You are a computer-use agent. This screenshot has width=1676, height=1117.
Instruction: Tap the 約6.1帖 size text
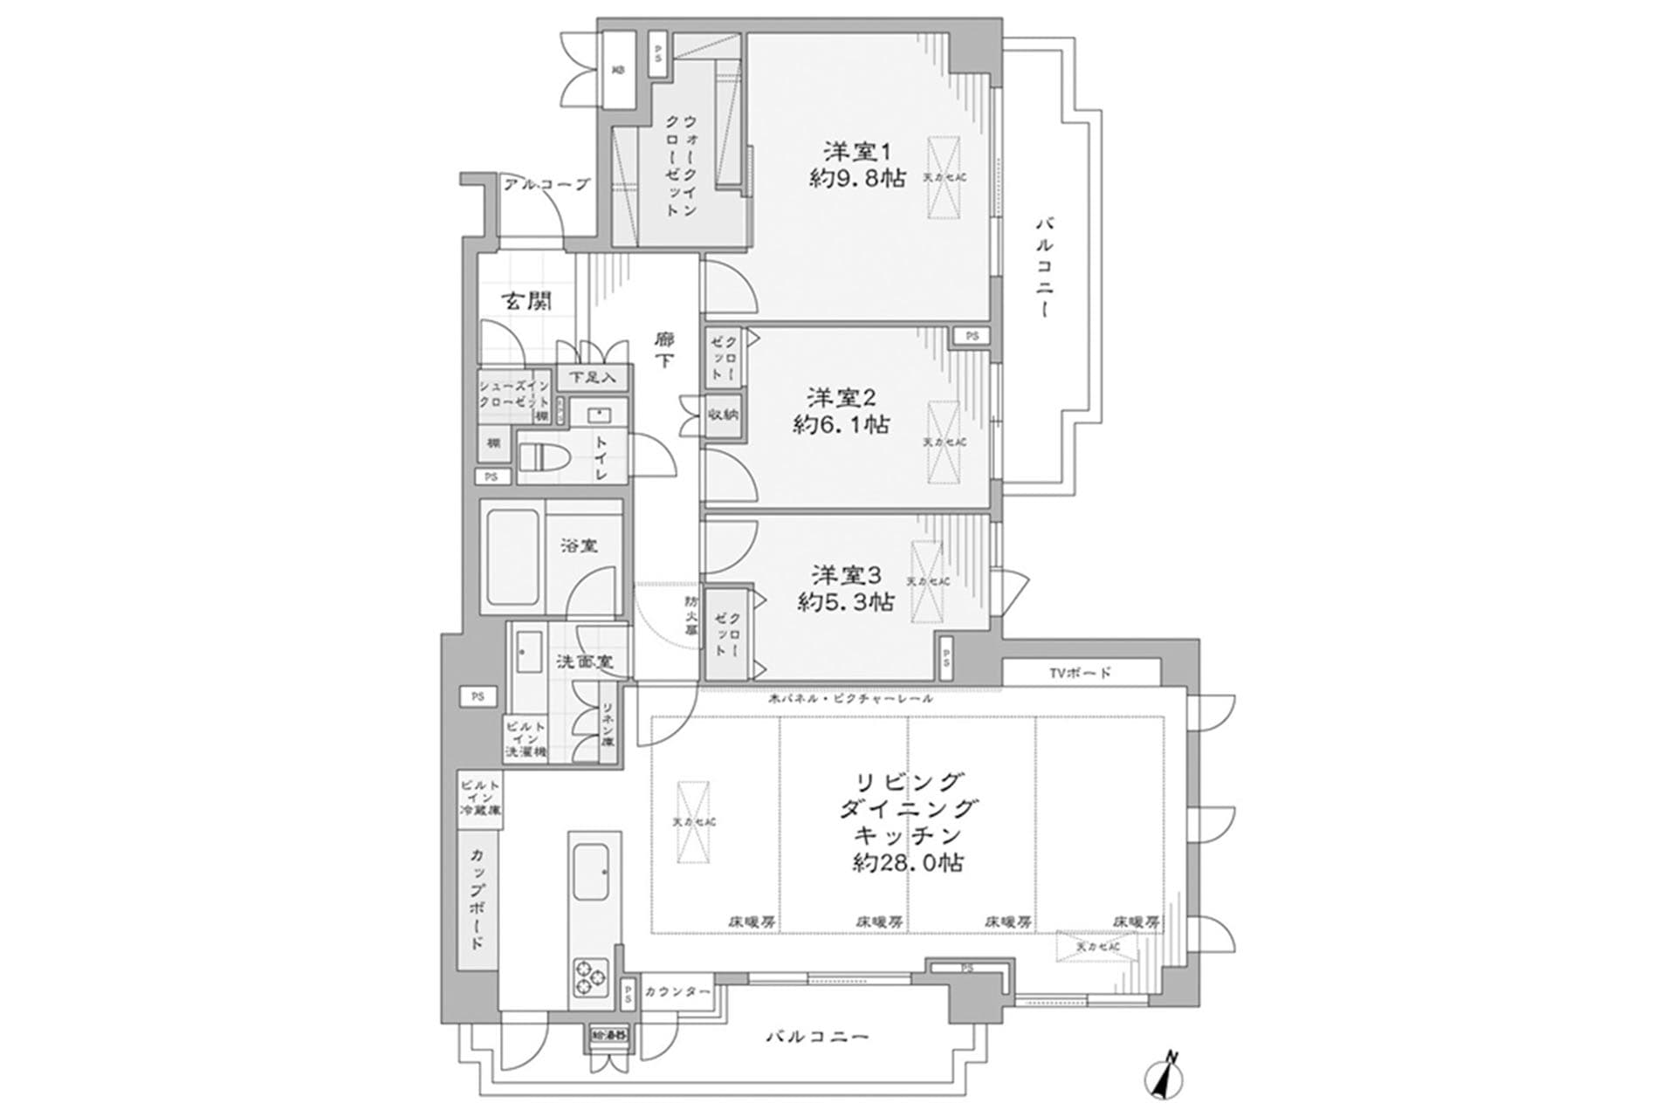click(841, 425)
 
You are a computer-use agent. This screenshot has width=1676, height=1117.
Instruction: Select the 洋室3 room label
click(846, 575)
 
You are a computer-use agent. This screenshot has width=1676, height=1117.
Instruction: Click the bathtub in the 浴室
click(512, 556)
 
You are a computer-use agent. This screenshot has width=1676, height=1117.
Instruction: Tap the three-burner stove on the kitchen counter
click(592, 977)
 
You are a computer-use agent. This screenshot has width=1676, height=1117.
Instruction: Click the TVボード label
click(1081, 673)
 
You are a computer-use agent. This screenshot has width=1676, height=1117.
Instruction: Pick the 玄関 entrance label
click(525, 302)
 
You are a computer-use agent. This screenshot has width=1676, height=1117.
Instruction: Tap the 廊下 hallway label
click(665, 349)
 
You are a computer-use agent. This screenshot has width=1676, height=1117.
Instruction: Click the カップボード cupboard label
click(477, 898)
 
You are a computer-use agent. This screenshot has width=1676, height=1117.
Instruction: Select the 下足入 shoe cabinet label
click(593, 377)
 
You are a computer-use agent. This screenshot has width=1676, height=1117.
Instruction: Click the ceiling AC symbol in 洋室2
click(944, 442)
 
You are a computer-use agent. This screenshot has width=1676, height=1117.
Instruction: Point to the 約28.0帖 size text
click(908, 864)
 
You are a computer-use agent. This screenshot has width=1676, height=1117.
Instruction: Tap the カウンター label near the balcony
click(677, 992)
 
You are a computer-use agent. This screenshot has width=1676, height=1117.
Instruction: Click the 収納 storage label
click(724, 414)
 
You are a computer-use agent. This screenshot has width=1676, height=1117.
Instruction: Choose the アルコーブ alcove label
click(546, 185)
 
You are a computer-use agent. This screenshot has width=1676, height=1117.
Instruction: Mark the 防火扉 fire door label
click(690, 616)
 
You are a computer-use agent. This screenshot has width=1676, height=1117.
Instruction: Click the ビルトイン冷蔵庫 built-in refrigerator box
click(479, 798)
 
